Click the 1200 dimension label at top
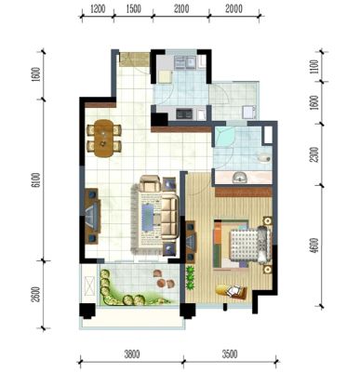98,9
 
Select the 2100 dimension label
181,9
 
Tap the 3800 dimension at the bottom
132,353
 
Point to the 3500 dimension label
230,353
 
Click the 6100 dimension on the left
36,180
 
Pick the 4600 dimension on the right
314,246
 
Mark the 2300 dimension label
314,154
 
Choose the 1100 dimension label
314,66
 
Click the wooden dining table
103,139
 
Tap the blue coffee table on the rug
148,217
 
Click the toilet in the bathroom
263,158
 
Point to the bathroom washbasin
239,178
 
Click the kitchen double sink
185,62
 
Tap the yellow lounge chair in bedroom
232,291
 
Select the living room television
92,216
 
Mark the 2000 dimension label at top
233,9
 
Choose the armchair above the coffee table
151,184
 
